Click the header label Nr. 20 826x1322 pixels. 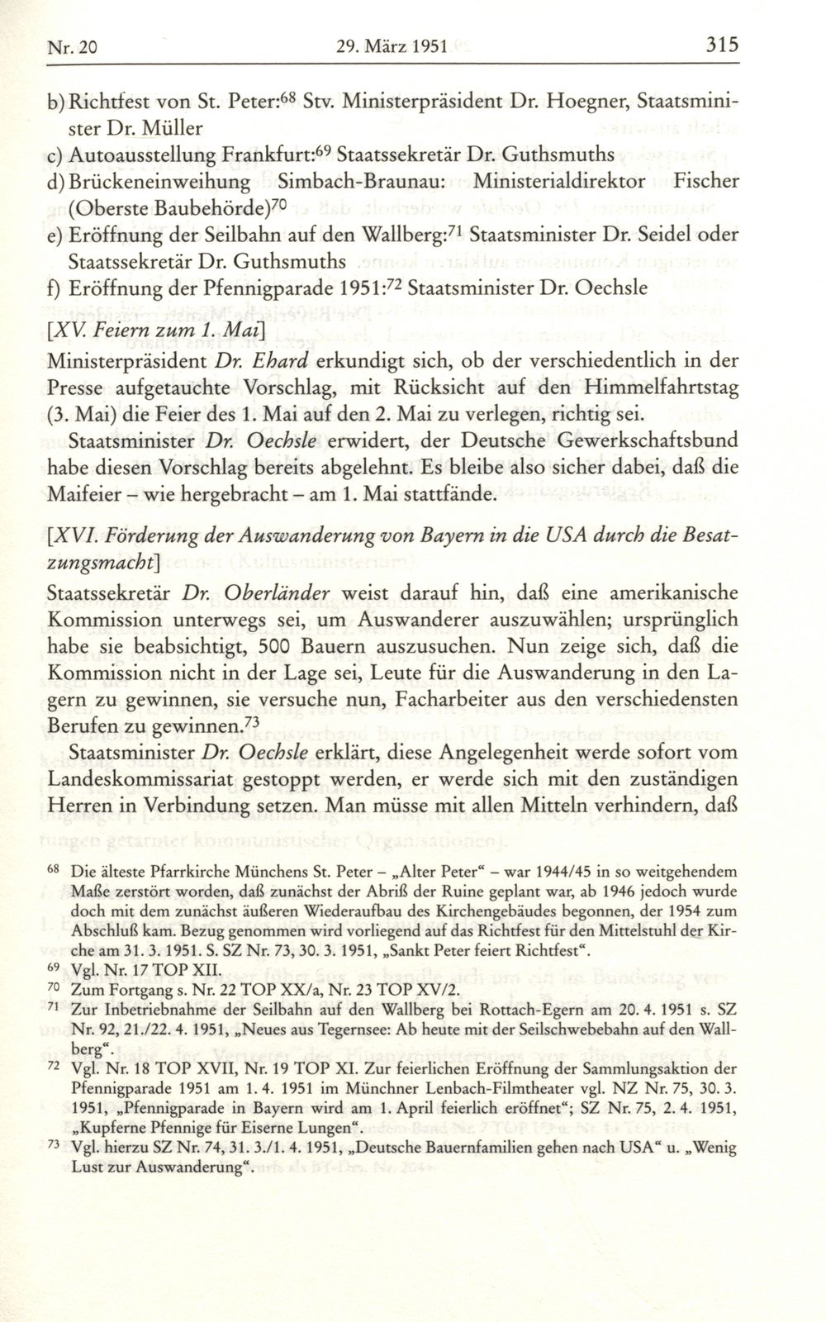click(x=68, y=46)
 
